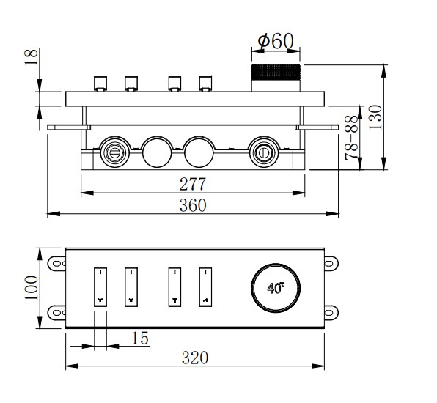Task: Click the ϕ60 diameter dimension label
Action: click(x=276, y=41)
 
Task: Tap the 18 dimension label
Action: click(x=32, y=57)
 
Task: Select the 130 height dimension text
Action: click(x=375, y=117)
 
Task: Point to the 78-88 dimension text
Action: click(x=351, y=138)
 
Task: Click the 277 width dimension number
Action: click(x=193, y=184)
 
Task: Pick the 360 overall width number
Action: click(x=193, y=205)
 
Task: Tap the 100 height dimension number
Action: click(x=32, y=288)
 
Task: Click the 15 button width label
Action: click(x=140, y=338)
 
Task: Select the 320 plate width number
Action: click(x=195, y=358)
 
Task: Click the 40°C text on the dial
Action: click(x=276, y=288)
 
